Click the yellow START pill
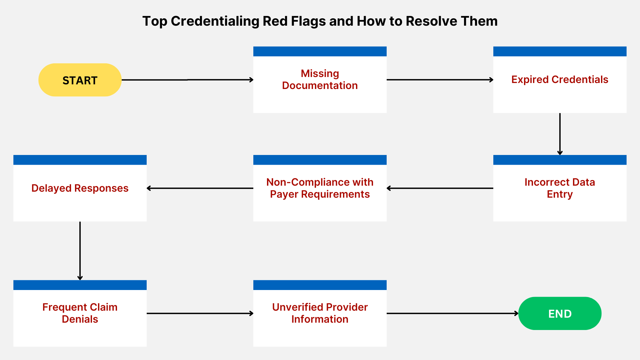pos(80,80)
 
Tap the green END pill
pos(560,313)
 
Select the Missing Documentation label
pos(320,79)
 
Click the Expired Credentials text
pos(560,79)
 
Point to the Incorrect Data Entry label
pos(560,188)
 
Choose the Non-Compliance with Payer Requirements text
pos(320,188)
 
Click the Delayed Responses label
pos(80,188)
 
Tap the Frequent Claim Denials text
pos(80,313)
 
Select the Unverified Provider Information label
pos(320,313)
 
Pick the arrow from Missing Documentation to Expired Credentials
pos(440,80)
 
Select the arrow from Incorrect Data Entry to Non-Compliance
pos(440,188)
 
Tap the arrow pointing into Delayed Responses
pos(200,188)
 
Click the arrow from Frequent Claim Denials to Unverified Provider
pos(200,313)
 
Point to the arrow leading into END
pos(452,313)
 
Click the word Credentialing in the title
pos(215,21)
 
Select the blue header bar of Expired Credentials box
pos(560,51)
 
